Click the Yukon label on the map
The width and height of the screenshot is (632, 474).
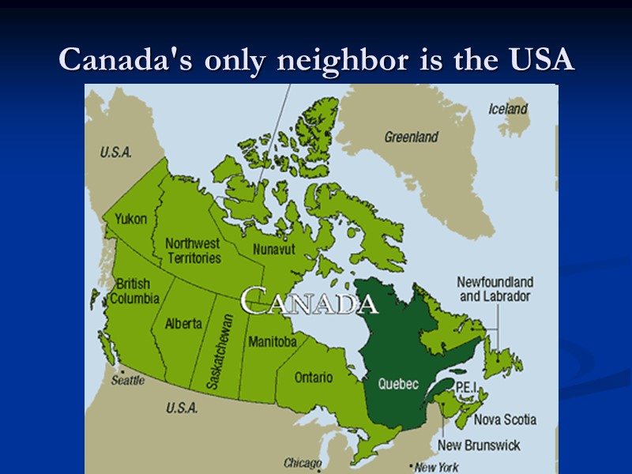click(x=130, y=219)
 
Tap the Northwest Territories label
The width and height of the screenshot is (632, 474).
click(x=193, y=250)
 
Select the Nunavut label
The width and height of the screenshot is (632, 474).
click(x=273, y=250)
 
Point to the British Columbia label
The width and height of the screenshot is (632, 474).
click(x=134, y=291)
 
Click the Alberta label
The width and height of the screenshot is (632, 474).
click(x=183, y=323)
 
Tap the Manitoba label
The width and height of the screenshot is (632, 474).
click(x=272, y=342)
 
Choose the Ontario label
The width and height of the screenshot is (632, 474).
click(x=314, y=378)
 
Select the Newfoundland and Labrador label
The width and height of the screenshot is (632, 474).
click(x=495, y=289)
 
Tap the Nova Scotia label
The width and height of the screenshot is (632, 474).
click(x=505, y=419)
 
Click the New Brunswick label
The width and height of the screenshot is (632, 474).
click(x=479, y=446)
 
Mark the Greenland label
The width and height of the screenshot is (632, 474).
click(x=411, y=137)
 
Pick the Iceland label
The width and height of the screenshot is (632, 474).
click(x=508, y=109)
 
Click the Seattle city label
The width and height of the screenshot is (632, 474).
click(x=127, y=381)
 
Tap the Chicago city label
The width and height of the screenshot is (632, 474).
click(x=303, y=463)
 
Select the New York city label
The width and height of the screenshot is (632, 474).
click(x=436, y=467)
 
